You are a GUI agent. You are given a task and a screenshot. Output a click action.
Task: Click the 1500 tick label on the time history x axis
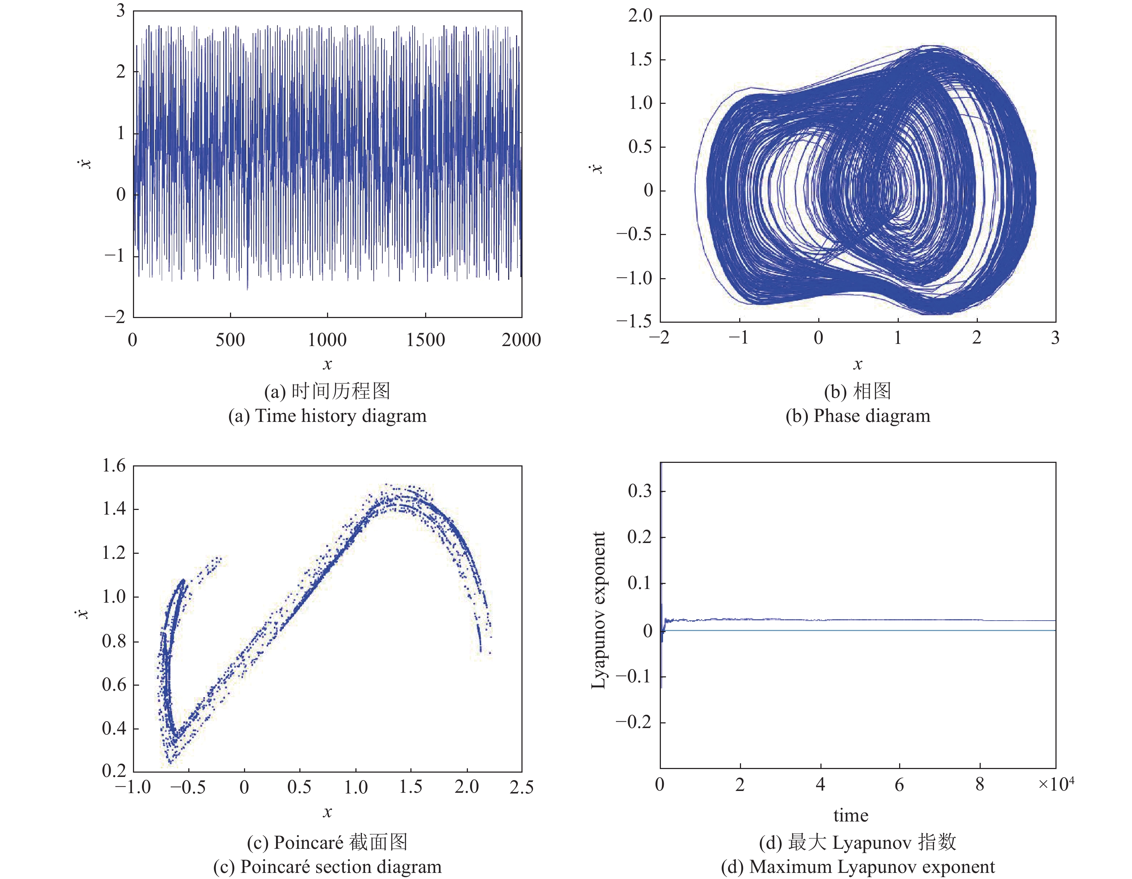425,340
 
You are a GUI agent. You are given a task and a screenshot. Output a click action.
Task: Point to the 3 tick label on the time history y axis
120,10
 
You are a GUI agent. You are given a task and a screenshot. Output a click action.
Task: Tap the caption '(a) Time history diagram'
327,416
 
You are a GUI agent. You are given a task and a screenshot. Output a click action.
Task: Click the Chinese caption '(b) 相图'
857,391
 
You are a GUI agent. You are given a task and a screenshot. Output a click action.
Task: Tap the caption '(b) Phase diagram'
857,416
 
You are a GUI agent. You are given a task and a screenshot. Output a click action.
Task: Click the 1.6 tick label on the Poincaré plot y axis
114,465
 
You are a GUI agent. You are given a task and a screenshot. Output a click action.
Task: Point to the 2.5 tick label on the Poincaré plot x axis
521,787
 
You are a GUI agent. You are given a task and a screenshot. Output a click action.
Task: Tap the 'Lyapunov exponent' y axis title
599,610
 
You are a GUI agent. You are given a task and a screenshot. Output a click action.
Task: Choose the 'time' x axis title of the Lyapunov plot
851,816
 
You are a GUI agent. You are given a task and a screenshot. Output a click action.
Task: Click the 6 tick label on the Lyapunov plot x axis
899,785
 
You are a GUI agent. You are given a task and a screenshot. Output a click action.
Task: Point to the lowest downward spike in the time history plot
247,288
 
